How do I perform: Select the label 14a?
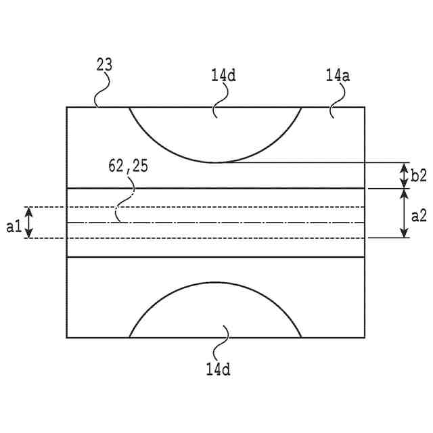[337, 76]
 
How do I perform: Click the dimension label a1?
[14, 227]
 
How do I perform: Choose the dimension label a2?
[419, 218]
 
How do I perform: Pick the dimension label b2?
[419, 175]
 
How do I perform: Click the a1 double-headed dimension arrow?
[28, 222]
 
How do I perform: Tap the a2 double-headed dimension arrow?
[404, 212]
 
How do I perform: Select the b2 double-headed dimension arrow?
[404, 175]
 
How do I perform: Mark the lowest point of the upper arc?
[215, 162]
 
